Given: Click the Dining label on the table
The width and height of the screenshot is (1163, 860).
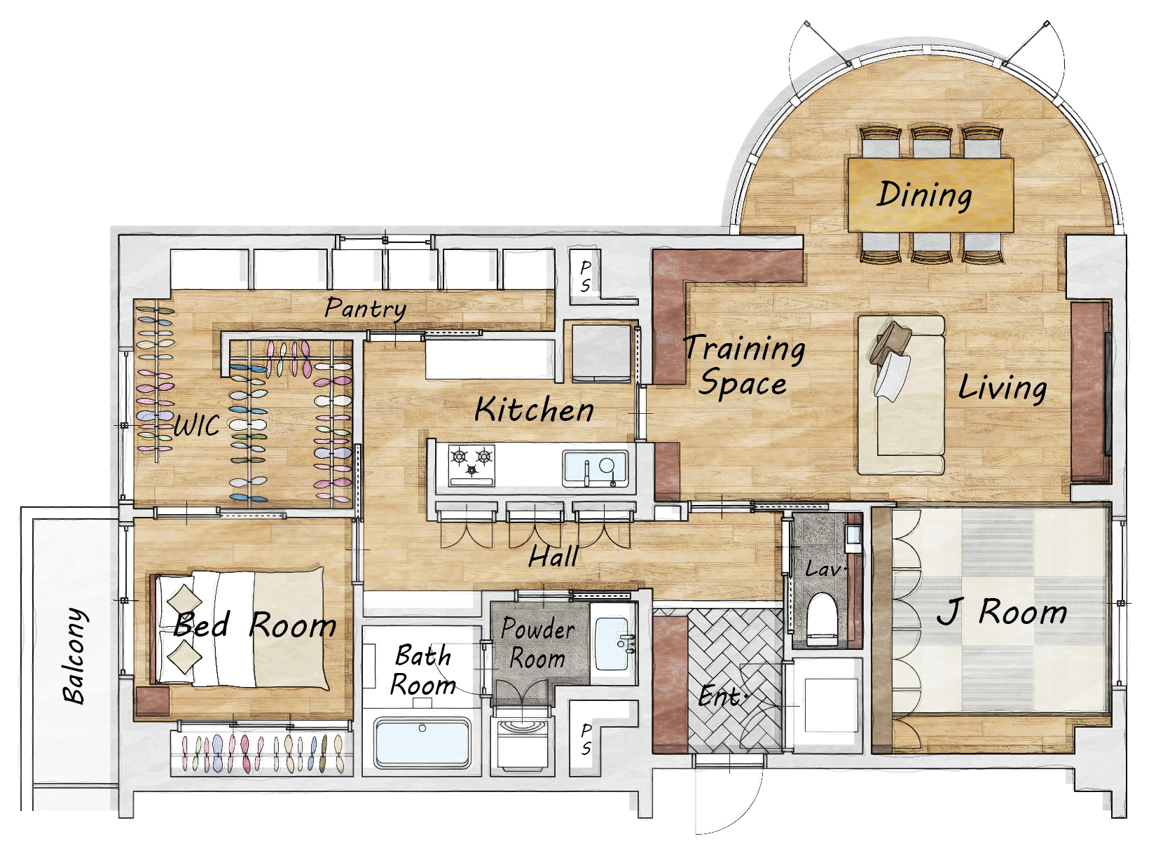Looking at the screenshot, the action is point(924,195).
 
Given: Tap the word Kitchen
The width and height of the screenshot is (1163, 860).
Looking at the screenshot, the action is point(534,410).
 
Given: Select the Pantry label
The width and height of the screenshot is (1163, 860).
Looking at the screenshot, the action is point(366,308).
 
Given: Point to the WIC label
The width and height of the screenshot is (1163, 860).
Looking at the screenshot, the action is point(196,425).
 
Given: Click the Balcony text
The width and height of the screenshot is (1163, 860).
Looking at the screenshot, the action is point(74,656).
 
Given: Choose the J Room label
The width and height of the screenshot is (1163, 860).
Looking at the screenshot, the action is point(1001,612).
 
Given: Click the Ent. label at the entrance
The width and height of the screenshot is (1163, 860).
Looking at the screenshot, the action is point(721,697).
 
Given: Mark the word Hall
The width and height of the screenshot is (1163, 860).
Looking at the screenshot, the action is point(553,556).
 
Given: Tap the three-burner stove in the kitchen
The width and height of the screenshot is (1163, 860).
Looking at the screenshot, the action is point(472,464).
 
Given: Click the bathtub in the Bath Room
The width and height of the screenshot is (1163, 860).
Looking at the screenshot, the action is point(422,742).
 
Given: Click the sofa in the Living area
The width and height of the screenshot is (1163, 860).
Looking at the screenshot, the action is point(902,394).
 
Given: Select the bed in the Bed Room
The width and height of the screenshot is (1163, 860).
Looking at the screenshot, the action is point(240,628).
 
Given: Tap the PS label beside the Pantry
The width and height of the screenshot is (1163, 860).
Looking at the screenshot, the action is point(585,277).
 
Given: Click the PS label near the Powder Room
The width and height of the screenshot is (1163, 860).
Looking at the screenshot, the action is point(586,739).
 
